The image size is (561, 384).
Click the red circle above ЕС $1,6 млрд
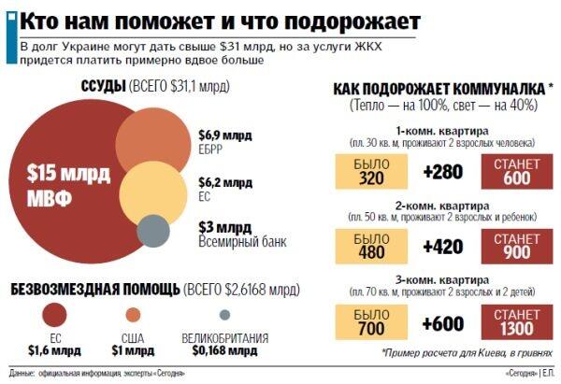[x=56, y=313]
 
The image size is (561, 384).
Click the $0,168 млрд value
[x=224, y=350]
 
